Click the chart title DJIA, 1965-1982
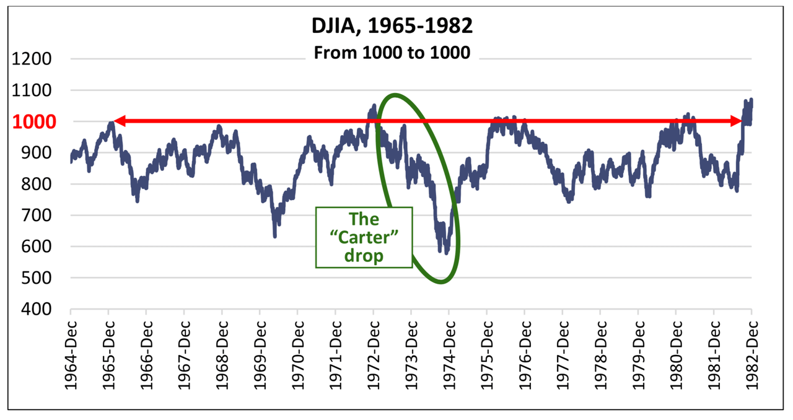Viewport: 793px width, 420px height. tap(392, 28)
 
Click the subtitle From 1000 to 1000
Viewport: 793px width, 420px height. tap(392, 53)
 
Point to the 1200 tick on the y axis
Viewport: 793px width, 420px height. tap(35, 59)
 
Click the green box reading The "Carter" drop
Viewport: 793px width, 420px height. tap(364, 237)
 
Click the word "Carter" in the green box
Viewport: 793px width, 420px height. tap(364, 237)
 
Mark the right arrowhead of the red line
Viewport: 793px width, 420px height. tap(746, 121)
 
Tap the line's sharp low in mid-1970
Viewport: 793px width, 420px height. tap(274, 236)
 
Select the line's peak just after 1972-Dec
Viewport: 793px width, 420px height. tap(374, 105)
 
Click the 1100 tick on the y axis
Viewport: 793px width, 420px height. tap(35, 91)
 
